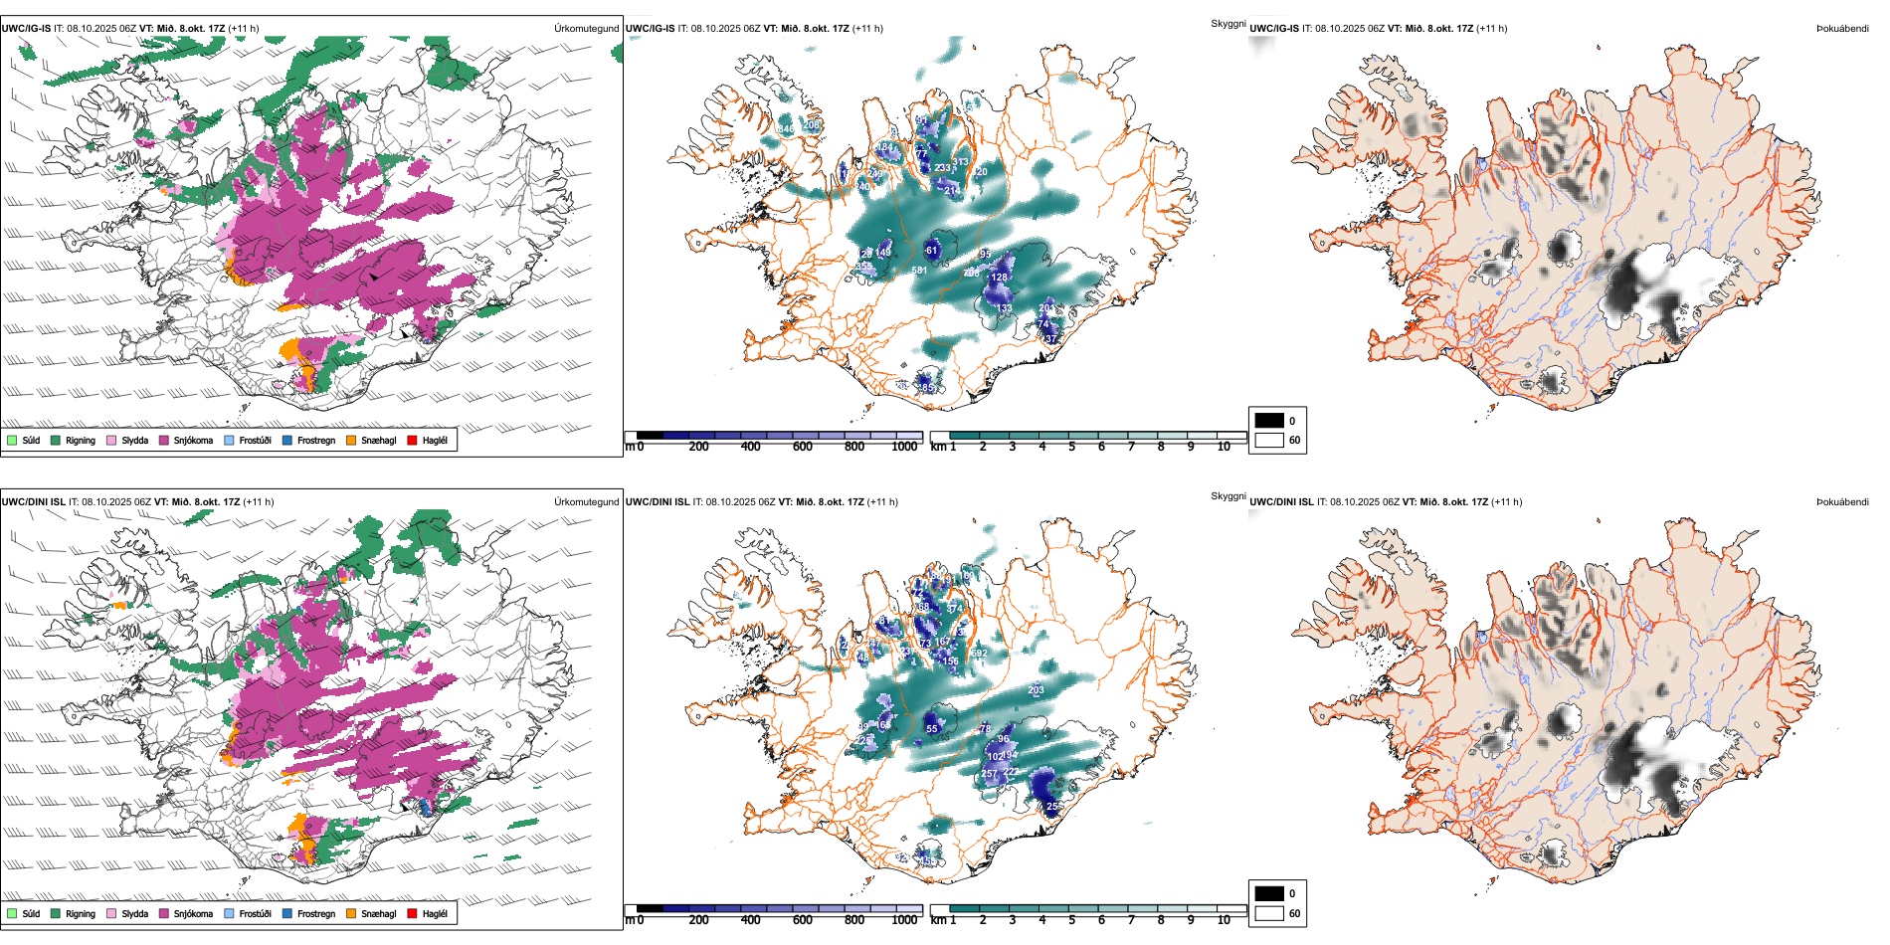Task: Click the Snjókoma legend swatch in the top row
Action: pos(164,440)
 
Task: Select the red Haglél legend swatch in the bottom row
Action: pos(413,913)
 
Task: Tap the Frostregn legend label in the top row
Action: pos(315,440)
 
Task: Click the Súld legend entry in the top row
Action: pos(31,440)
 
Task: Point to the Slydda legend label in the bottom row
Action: pos(134,913)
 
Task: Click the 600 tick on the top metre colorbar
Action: pos(803,447)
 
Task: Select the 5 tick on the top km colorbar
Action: pos(1072,447)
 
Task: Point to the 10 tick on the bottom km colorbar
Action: pos(1224,920)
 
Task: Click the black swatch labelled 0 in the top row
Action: pos(1269,421)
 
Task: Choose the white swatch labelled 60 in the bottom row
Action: pos(1269,913)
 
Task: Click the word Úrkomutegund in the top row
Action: pos(586,28)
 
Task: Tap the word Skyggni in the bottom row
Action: pos(1228,495)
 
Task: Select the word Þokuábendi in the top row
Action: pos(1842,28)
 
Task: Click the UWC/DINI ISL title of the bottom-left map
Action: pos(33,501)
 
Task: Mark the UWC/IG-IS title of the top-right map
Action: pos(1274,28)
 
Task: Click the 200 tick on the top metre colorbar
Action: pos(699,447)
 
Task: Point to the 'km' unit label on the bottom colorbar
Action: pos(938,920)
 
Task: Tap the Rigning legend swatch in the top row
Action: pos(57,440)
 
